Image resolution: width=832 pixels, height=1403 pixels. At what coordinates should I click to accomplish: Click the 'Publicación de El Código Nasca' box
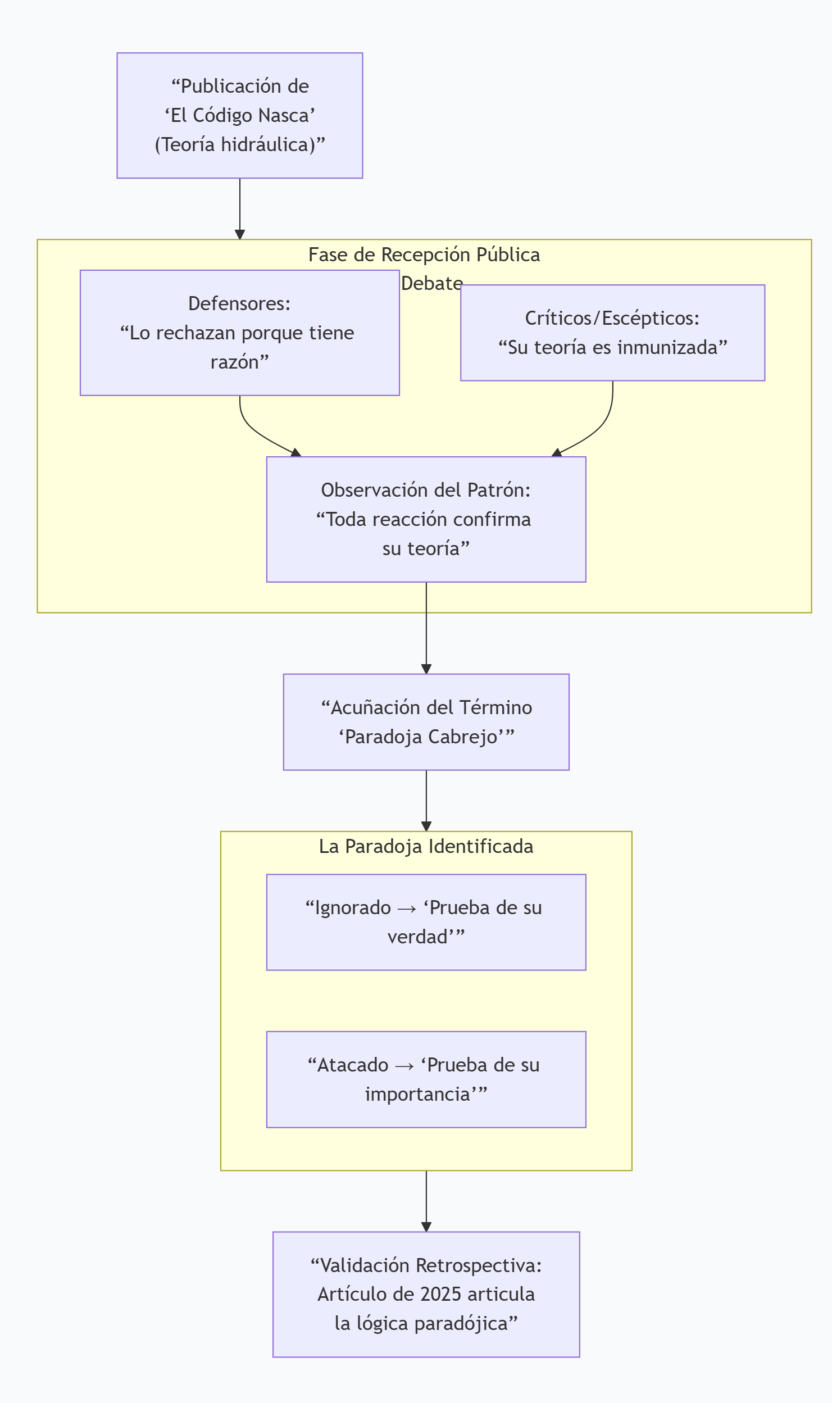point(239,115)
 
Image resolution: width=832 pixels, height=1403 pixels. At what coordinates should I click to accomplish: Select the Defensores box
point(239,333)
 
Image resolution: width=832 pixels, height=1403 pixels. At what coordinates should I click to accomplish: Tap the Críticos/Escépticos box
point(612,333)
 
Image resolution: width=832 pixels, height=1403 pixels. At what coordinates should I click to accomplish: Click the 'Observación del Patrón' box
point(426,519)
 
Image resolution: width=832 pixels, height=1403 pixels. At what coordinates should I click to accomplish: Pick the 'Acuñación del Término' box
point(426,722)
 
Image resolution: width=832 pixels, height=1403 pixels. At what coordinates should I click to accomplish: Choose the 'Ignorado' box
point(426,922)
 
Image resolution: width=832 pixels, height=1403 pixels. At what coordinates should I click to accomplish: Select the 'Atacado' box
point(426,1079)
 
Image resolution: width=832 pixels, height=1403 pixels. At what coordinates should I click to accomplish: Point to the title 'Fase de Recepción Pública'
point(424,255)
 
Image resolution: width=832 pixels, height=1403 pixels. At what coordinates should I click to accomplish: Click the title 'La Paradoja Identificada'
point(426,846)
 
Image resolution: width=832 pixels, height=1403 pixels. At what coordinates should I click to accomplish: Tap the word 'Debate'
point(431,284)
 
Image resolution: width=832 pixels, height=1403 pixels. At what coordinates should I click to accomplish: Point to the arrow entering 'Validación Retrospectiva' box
point(426,1202)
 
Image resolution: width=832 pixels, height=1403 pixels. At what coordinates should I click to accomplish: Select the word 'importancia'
point(417,1094)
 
